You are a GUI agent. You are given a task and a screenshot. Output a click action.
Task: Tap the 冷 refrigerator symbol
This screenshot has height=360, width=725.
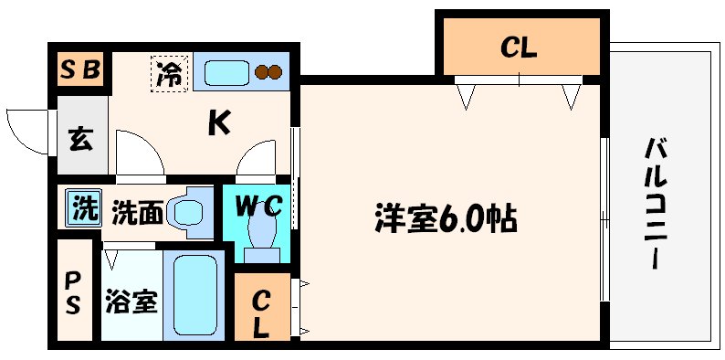tap(169, 73)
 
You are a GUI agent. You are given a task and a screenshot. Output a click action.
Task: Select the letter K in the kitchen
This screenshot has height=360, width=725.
tap(217, 122)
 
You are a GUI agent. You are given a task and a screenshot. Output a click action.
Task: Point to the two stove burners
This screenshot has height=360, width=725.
tap(268, 72)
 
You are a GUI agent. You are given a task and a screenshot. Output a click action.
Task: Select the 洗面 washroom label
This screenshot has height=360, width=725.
tap(137, 212)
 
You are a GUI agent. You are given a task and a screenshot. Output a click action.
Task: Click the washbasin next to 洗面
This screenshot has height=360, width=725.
tap(191, 211)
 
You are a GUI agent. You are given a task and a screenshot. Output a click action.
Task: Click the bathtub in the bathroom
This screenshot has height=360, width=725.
tap(194, 295)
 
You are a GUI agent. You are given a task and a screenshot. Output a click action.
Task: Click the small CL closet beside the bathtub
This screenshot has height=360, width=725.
tap(261, 312)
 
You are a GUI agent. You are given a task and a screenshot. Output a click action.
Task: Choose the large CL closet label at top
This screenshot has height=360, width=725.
tap(518, 48)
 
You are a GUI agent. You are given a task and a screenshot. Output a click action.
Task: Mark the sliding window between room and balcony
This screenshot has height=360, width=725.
tap(604, 219)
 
